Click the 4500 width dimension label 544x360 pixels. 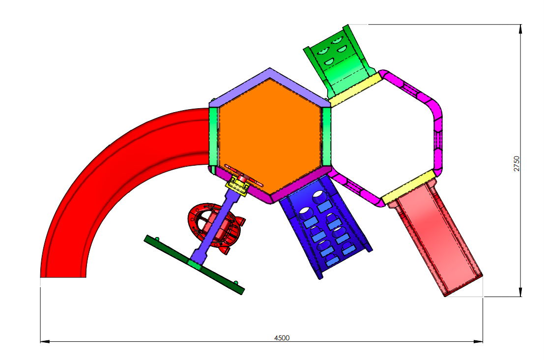point(282,337)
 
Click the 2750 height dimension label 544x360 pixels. point(516,163)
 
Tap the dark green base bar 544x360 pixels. point(194,265)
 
